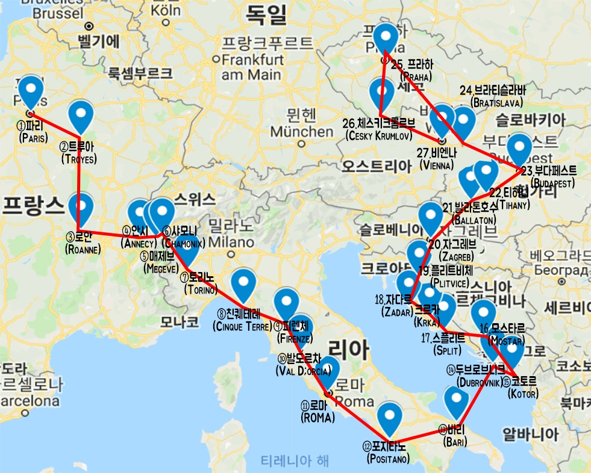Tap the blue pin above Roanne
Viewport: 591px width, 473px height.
click(80, 208)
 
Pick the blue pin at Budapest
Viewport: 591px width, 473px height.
click(520, 149)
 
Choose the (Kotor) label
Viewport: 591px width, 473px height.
click(523, 394)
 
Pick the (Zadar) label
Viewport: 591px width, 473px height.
click(395, 311)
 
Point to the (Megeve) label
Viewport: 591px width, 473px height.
click(160, 268)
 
